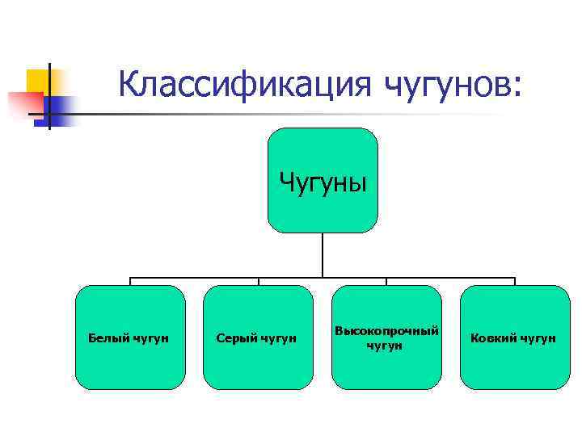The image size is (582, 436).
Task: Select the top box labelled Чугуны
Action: tap(323, 179)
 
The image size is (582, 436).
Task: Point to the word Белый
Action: tap(106, 337)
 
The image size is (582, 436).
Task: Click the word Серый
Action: tap(234, 337)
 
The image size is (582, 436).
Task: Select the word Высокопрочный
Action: tap(386, 331)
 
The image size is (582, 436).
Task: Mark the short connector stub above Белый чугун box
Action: tap(130, 282)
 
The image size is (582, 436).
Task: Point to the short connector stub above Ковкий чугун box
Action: tap(514, 282)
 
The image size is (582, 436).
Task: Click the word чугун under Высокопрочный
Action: tap(386, 346)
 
